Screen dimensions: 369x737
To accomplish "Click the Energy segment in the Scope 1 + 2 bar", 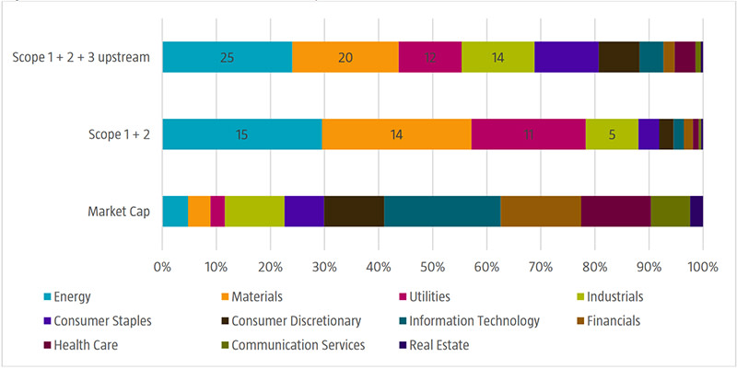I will coord(242,133).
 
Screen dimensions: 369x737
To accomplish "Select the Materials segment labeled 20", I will coord(345,57).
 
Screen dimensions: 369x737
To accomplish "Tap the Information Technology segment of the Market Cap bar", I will coord(441,211).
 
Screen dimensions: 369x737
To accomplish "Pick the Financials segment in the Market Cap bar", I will coord(540,211).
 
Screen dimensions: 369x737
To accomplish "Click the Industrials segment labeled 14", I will coord(497,57).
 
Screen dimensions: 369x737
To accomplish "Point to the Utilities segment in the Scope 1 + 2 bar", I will coord(528,133).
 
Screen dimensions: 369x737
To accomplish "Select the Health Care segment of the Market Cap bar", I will coord(615,211).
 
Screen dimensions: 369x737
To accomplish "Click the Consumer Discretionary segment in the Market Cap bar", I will coord(354,211).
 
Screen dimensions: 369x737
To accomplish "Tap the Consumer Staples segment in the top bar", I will coord(566,57).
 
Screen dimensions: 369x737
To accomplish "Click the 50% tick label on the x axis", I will coord(433,268).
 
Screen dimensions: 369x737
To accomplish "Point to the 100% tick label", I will coord(703,268).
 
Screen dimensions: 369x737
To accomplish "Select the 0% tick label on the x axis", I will coord(162,268).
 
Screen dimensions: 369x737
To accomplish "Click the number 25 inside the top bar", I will coord(228,57).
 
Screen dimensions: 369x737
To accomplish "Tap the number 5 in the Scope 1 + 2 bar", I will coord(612,134).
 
